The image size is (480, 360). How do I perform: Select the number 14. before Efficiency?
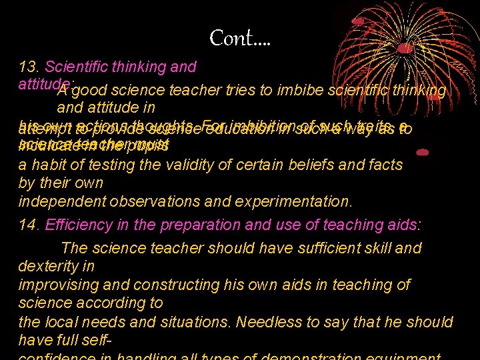[29, 224]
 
